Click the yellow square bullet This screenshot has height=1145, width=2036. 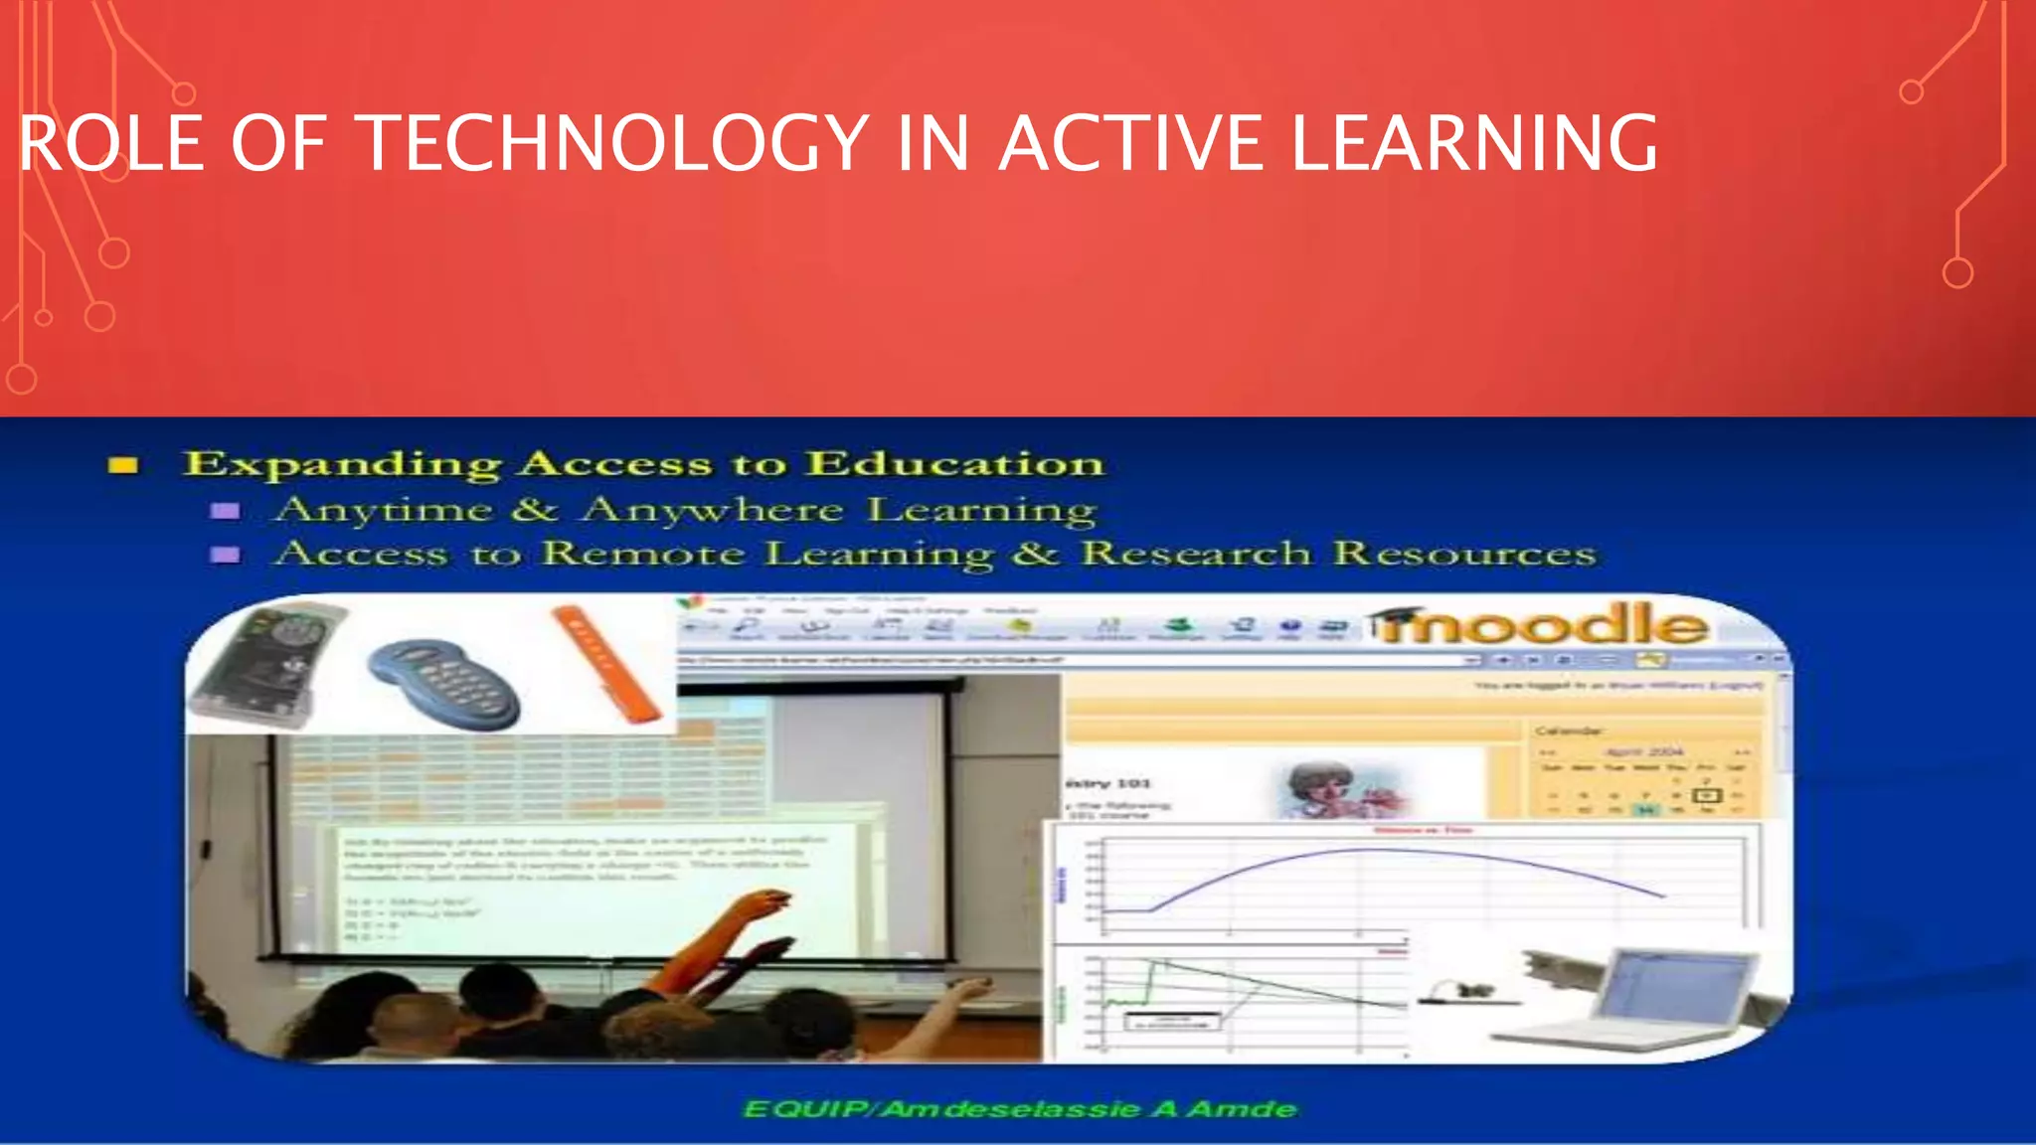(x=123, y=465)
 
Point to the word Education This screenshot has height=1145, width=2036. (x=954, y=463)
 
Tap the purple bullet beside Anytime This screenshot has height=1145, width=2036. (x=226, y=511)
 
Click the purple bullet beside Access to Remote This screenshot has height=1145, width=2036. (x=226, y=555)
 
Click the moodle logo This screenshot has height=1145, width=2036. (x=1541, y=625)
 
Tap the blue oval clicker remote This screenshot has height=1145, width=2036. (x=444, y=684)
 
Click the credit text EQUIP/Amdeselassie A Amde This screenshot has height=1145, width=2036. (x=1020, y=1109)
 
